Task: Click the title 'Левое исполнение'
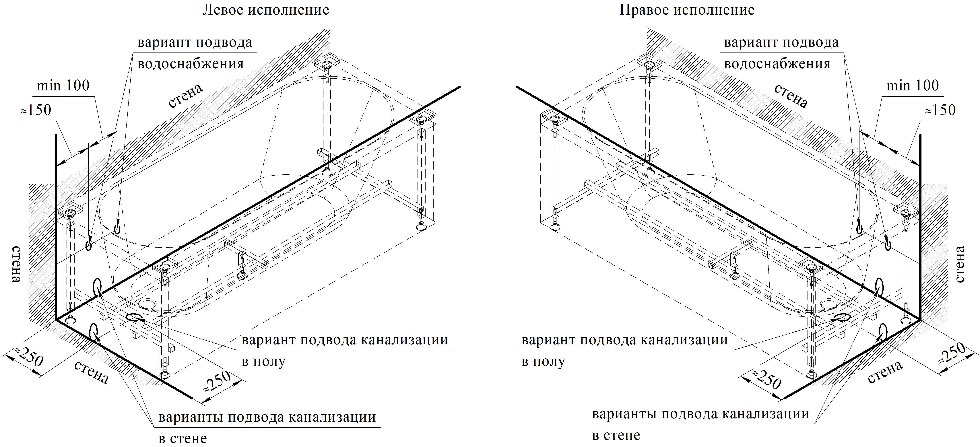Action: coord(265,10)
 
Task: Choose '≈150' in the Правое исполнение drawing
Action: coord(940,110)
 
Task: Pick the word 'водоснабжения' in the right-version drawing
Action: coord(777,63)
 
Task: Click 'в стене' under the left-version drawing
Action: coord(183,438)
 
